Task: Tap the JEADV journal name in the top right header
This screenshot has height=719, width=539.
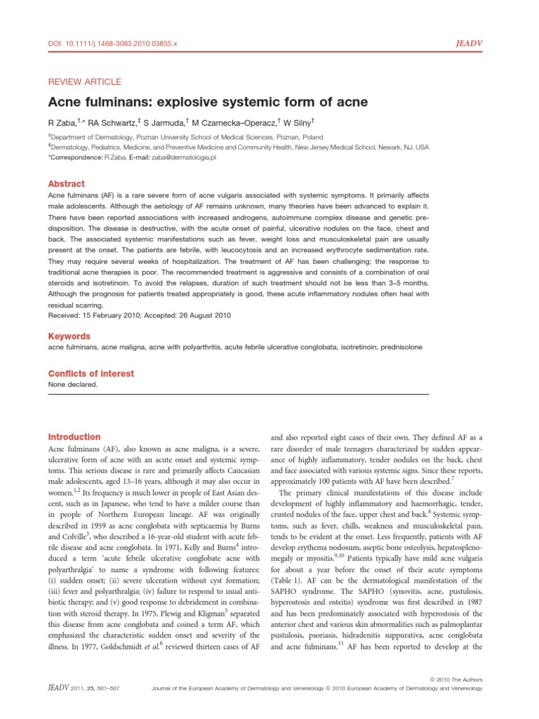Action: [x=474, y=43]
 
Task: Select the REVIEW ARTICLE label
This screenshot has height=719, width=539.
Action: [x=84, y=81]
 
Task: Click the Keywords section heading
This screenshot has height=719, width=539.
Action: [x=69, y=336]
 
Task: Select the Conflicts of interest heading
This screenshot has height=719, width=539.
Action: [x=91, y=374]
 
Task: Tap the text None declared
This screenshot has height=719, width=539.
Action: [x=73, y=385]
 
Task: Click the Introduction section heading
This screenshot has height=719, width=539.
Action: [x=74, y=437]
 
